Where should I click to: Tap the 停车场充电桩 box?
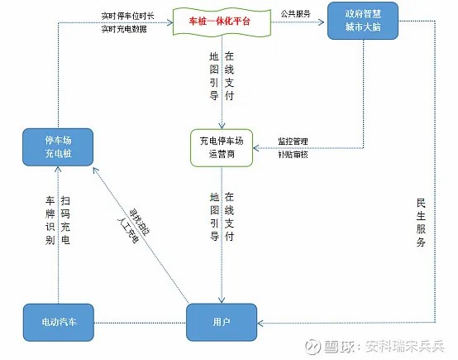59,145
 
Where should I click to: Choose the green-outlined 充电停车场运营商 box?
221,145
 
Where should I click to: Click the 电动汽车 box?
59,320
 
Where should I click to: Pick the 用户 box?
221,320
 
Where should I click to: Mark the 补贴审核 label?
289,155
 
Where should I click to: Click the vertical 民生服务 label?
421,223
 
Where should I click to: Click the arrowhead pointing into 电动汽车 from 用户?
98,320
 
